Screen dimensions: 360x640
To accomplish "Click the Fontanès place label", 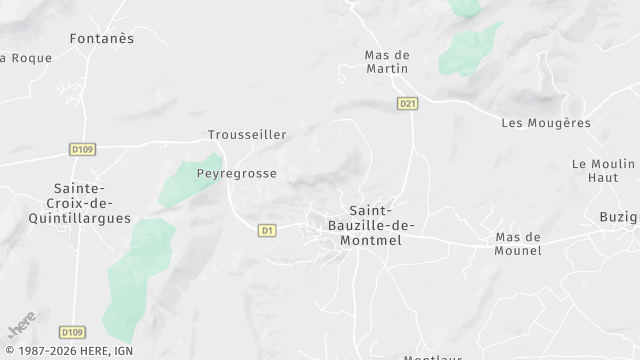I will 102,38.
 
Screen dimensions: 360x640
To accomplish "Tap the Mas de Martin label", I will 387,61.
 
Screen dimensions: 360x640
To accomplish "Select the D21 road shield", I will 406,103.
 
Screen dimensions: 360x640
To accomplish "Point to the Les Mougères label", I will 545,123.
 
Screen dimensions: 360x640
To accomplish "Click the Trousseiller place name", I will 247,134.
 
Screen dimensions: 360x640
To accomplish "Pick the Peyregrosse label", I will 236,173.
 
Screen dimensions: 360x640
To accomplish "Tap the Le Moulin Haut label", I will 603,170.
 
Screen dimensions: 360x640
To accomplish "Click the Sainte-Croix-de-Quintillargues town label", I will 92,203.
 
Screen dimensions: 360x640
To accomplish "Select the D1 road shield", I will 266,230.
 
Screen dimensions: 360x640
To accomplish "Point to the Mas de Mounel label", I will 518,244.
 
